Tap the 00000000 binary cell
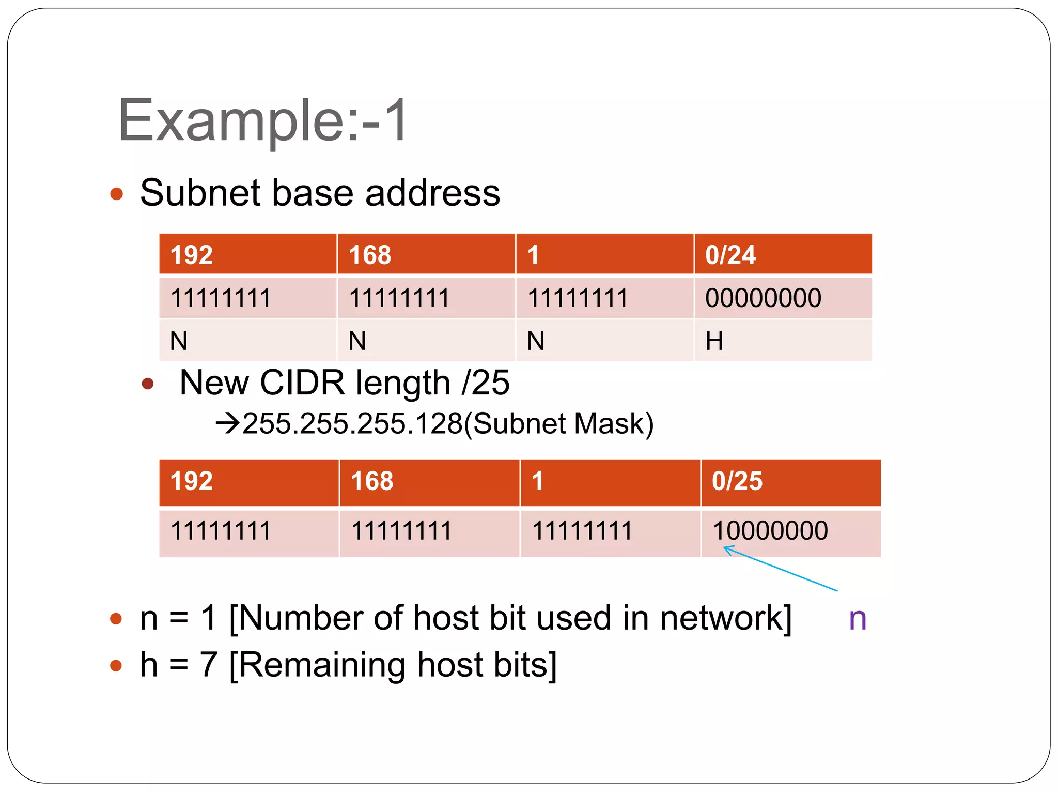tap(763, 298)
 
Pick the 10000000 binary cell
tap(770, 531)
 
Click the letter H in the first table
tap(714, 341)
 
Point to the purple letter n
tap(858, 619)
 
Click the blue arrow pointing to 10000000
tap(780, 569)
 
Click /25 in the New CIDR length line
tap(486, 383)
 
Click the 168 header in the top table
tap(370, 255)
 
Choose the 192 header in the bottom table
tap(191, 481)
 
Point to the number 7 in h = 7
tap(208, 665)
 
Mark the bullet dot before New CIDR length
tap(148, 384)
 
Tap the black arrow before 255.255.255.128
tap(227, 424)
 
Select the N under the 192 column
tap(179, 341)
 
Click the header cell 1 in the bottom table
tap(537, 481)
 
